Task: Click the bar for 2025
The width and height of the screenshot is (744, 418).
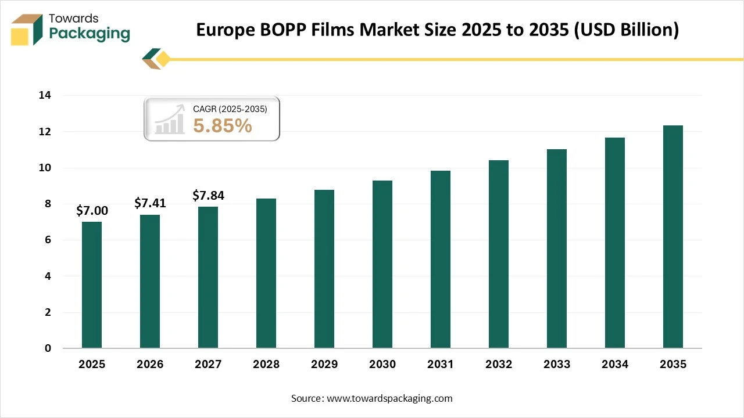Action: click(x=92, y=284)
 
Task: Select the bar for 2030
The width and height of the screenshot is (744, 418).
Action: click(x=382, y=264)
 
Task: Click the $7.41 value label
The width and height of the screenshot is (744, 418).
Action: click(x=150, y=203)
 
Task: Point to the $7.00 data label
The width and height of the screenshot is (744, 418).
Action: click(x=92, y=210)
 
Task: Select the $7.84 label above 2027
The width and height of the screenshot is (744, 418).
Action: click(x=208, y=196)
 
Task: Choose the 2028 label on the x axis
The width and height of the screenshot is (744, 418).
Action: click(x=266, y=365)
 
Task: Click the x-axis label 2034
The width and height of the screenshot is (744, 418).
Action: click(x=615, y=365)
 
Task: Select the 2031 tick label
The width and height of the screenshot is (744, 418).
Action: click(x=441, y=365)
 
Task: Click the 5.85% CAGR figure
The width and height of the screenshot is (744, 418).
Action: click(x=223, y=125)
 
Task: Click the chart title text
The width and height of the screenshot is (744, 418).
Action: click(x=437, y=30)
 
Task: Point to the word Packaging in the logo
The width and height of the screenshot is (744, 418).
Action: click(x=90, y=34)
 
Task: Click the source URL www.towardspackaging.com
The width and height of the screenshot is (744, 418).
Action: click(x=389, y=398)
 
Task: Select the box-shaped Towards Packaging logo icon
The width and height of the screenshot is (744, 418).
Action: click(x=27, y=29)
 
